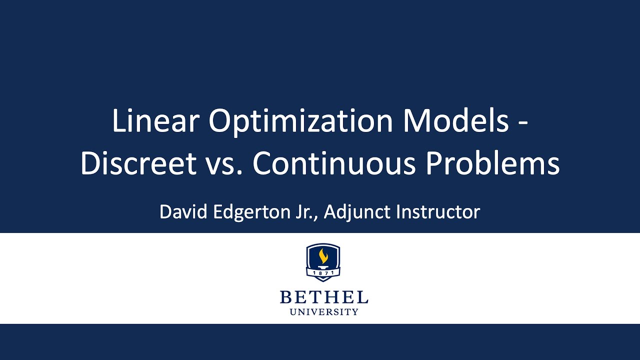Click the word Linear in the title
coord(155,121)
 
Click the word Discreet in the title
coord(138,163)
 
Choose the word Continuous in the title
coord(334,163)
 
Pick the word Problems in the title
coord(492,163)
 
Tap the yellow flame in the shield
coord(323,256)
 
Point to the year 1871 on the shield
coord(323,273)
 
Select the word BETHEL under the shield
coord(324,297)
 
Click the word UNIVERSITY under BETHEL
coord(324,312)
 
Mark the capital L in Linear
coord(118,121)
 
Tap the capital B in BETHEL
coord(285,297)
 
